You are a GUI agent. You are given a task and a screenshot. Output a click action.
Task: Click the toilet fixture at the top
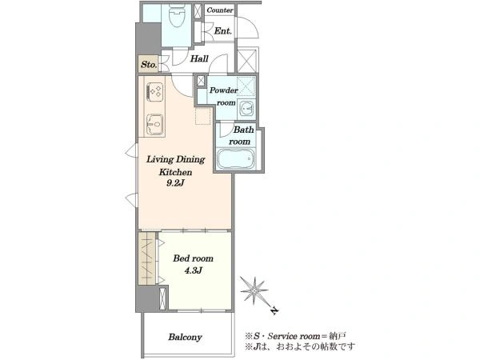(x=177, y=16)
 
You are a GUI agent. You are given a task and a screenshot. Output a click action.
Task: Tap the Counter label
(x=220, y=10)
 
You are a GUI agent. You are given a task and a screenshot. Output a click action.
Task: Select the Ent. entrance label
(x=223, y=31)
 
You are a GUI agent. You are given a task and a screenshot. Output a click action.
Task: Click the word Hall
(x=199, y=58)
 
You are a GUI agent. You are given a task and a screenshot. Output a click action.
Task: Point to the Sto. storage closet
(x=149, y=64)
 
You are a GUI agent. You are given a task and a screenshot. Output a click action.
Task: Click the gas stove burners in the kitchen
(x=155, y=92)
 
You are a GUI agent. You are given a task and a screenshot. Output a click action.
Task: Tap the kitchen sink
(x=155, y=124)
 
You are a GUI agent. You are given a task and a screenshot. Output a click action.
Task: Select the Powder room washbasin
(x=246, y=109)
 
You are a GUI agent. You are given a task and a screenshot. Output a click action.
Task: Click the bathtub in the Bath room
(x=236, y=158)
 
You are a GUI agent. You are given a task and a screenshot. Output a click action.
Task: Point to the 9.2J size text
(x=175, y=183)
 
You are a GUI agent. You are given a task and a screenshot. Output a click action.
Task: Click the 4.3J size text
(x=193, y=270)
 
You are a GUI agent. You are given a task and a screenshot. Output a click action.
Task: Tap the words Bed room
(x=193, y=258)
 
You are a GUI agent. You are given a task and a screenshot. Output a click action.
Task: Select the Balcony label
(x=185, y=337)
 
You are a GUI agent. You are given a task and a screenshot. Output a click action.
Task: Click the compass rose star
(x=254, y=290)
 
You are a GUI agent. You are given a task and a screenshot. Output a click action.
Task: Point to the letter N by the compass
(x=275, y=311)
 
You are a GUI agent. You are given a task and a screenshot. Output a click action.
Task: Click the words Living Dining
(x=175, y=159)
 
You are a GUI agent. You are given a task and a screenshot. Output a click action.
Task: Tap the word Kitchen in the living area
(x=175, y=172)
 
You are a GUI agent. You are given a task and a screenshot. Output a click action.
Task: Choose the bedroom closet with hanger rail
(x=147, y=258)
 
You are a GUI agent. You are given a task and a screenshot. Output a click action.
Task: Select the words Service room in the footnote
(x=294, y=336)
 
